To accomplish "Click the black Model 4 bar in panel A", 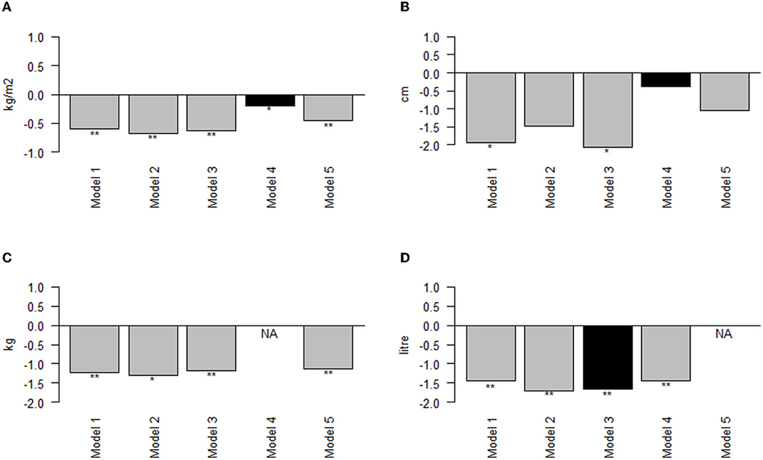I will (269, 101).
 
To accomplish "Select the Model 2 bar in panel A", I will (153, 114).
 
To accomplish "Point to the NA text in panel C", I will (269, 333).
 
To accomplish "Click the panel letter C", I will (6, 259).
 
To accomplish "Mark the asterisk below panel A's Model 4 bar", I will (269, 109).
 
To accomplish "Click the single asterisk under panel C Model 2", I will (153, 379).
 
